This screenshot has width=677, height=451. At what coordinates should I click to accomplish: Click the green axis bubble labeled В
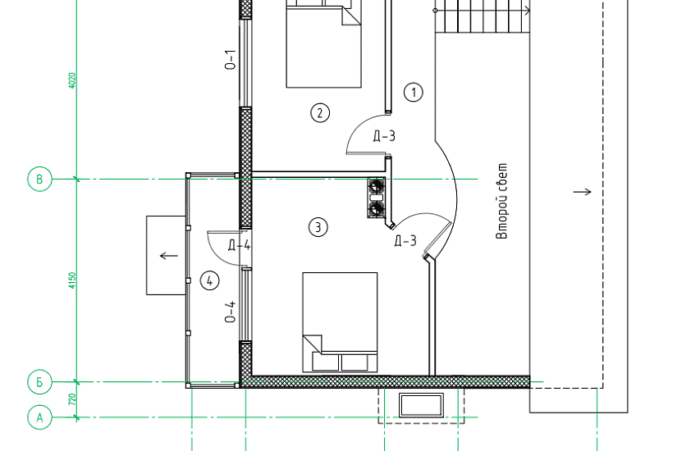coord(39,179)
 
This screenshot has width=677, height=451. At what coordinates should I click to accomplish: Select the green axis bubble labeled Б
coord(39,382)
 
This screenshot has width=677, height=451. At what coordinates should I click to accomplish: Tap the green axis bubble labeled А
coord(39,417)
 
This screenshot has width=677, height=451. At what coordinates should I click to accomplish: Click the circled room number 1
coord(414,93)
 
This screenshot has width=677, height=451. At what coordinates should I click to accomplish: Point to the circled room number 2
coord(320,113)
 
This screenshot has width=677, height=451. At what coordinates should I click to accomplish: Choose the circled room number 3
coord(318,227)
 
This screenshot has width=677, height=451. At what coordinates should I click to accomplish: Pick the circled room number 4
coord(210,281)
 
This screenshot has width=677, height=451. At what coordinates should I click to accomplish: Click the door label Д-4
coord(239,245)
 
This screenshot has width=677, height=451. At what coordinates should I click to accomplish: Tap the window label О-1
coord(231,60)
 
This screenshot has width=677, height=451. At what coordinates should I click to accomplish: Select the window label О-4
coord(231,312)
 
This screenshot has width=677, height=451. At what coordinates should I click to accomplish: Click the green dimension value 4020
coord(72,80)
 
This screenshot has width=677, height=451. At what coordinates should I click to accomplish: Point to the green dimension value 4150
coord(72,280)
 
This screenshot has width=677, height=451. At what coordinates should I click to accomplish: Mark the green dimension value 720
coord(72,399)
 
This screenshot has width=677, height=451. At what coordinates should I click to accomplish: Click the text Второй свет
coord(502,201)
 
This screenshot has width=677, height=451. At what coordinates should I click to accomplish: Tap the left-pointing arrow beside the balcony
coord(169,256)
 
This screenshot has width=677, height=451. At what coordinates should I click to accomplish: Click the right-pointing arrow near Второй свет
coord(582,192)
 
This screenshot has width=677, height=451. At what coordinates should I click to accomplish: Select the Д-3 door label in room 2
coord(384,136)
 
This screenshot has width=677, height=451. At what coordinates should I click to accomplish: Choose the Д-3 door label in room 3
coord(406,240)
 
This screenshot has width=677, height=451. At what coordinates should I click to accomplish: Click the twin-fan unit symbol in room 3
coord(376,198)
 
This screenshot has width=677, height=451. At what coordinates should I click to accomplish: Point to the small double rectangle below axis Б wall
coord(421,405)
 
